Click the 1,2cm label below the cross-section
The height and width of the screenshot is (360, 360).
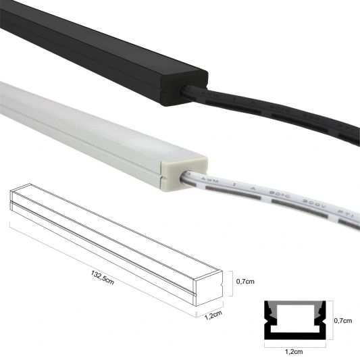[295, 351]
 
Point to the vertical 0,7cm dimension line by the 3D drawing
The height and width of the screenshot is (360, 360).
[232, 281]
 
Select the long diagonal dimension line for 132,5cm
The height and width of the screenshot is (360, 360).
[101, 270]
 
